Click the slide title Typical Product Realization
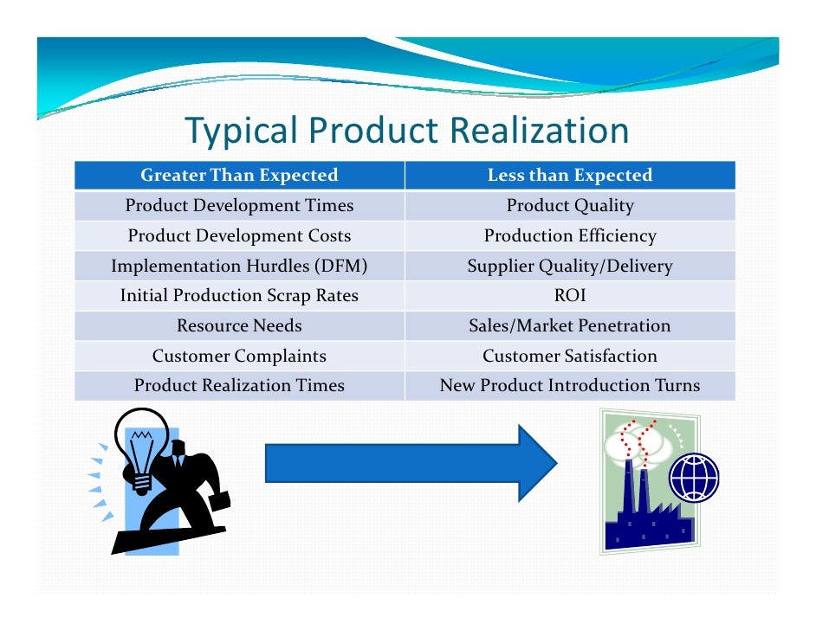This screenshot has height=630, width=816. [406, 131]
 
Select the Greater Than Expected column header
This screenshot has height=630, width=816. [239, 176]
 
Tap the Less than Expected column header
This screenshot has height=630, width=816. [569, 176]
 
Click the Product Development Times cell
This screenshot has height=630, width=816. [239, 206]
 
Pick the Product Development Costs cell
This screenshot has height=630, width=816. [239, 236]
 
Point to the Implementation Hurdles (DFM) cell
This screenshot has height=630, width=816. [239, 267]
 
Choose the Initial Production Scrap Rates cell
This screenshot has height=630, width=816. [239, 296]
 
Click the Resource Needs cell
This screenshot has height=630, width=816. [239, 326]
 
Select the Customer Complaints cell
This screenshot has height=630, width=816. [239, 356]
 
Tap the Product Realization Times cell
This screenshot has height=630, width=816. [239, 386]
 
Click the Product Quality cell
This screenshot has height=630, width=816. [569, 206]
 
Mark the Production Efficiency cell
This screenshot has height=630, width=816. [569, 236]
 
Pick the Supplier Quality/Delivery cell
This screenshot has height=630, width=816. [569, 267]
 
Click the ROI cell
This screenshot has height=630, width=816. [569, 296]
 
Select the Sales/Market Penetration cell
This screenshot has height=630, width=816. [569, 326]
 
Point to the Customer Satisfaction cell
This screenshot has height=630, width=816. [569, 356]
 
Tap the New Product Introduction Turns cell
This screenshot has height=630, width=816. [569, 386]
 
